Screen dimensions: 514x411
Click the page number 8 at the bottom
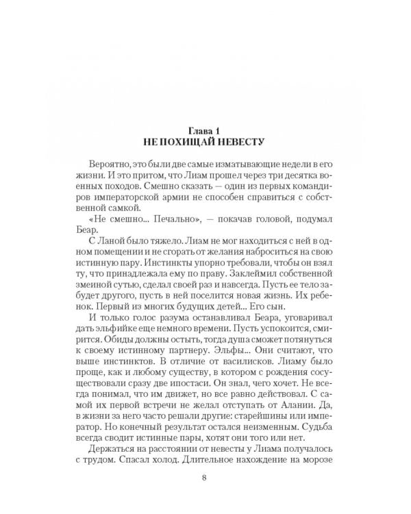coord(205,495)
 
